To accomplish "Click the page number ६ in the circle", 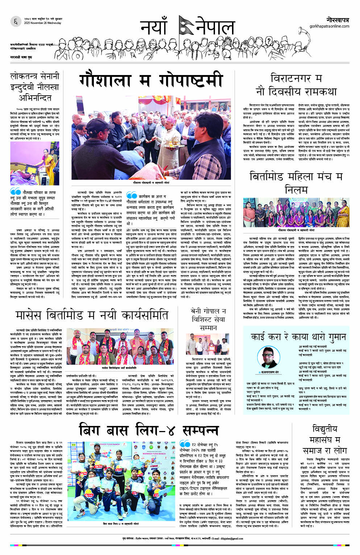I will coord(16,21).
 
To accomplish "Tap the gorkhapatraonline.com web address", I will coord(329,26).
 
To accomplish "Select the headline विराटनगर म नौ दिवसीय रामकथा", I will coord(296,84).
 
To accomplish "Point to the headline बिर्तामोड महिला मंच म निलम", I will coord(296,183).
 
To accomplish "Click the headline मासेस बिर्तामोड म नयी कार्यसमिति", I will coord(92,315).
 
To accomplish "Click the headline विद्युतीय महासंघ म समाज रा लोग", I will coord(325,439).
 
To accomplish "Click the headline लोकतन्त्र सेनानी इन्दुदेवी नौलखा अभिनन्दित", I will coord(35,87).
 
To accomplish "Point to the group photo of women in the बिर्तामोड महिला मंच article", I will coord(296,212).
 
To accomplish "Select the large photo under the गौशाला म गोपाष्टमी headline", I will coord(153,138).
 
